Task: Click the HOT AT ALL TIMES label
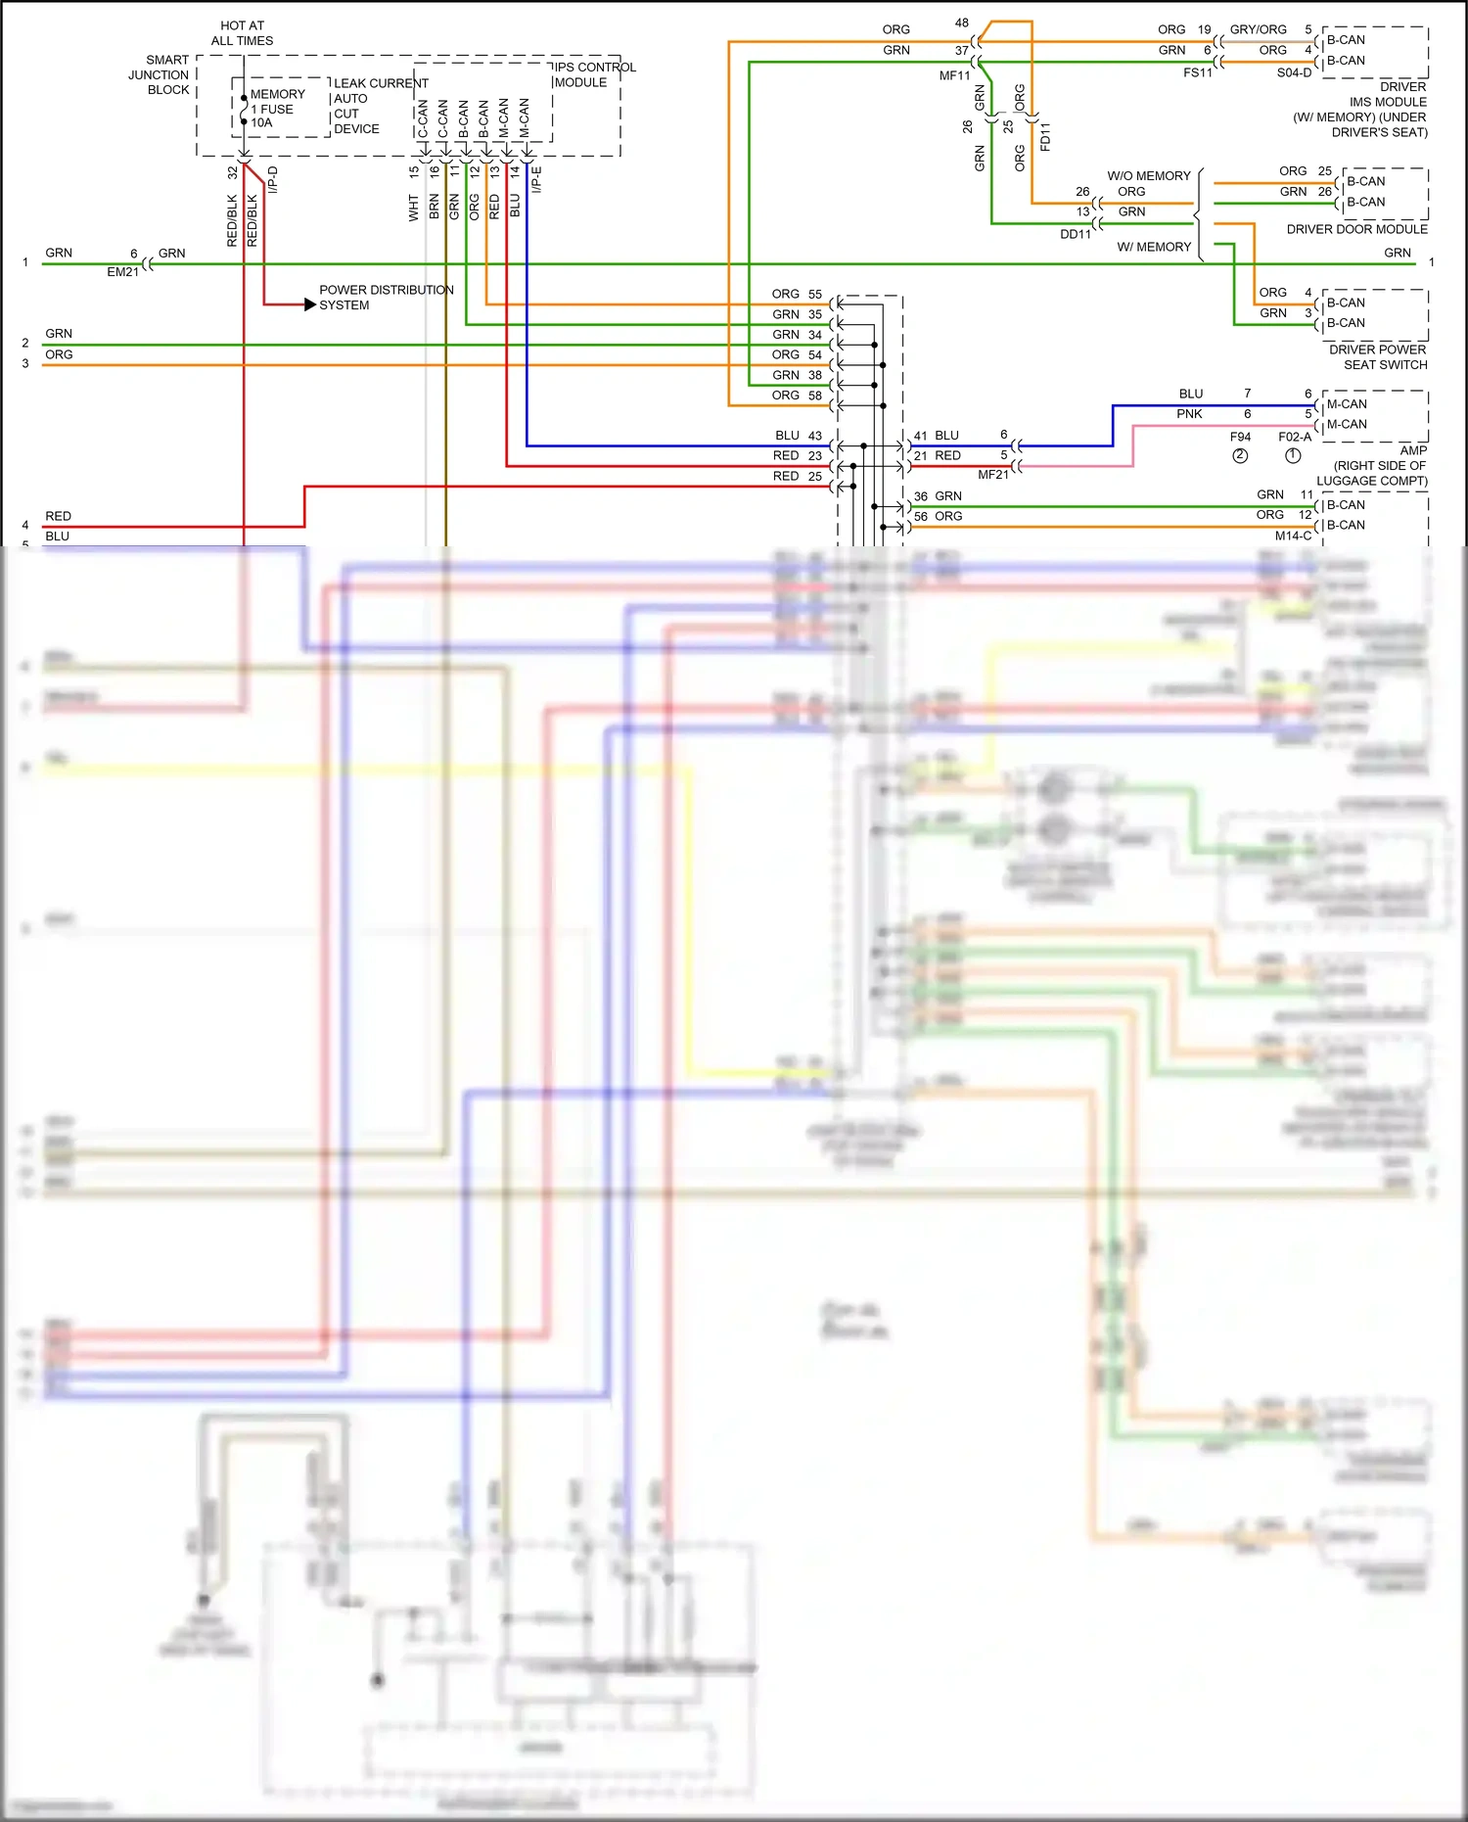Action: point(242,33)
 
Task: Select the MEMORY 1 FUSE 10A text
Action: point(277,109)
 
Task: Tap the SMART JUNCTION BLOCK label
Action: point(161,74)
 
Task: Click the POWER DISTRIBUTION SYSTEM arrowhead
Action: point(310,304)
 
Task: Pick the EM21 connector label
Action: point(122,272)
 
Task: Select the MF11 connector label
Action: point(954,75)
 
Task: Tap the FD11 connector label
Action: point(1045,136)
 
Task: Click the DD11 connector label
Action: point(1075,234)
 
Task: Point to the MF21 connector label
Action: point(992,475)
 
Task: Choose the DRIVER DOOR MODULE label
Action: point(1356,229)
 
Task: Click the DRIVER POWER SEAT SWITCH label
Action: point(1379,357)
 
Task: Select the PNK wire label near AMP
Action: point(1189,414)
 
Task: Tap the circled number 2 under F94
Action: point(1240,455)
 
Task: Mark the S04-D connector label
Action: point(1294,72)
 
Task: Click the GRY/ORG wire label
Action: point(1258,29)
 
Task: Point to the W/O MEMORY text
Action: point(1149,176)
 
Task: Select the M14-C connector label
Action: point(1293,536)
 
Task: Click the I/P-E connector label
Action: point(536,179)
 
